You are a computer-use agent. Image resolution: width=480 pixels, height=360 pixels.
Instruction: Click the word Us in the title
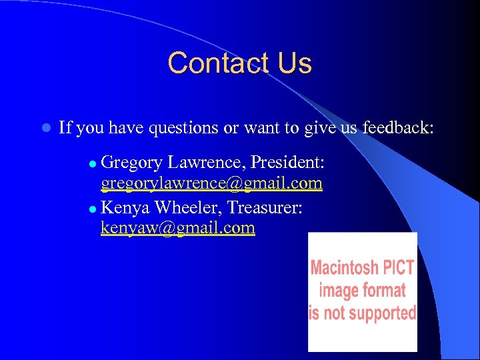(x=294, y=63)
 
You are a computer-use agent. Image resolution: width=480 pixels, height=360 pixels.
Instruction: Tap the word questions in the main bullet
(x=182, y=127)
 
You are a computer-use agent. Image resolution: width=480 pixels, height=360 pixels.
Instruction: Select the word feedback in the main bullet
(x=398, y=127)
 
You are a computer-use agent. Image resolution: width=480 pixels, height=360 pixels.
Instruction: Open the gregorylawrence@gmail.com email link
(x=211, y=183)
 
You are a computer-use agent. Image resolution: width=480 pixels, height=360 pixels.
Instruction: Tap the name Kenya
(x=127, y=208)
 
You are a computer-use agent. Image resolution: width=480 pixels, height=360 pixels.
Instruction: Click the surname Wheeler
(x=189, y=208)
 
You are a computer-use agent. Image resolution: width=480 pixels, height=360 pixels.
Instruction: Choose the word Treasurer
(x=265, y=208)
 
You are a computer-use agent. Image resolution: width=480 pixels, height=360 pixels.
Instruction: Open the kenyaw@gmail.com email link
(x=177, y=228)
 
